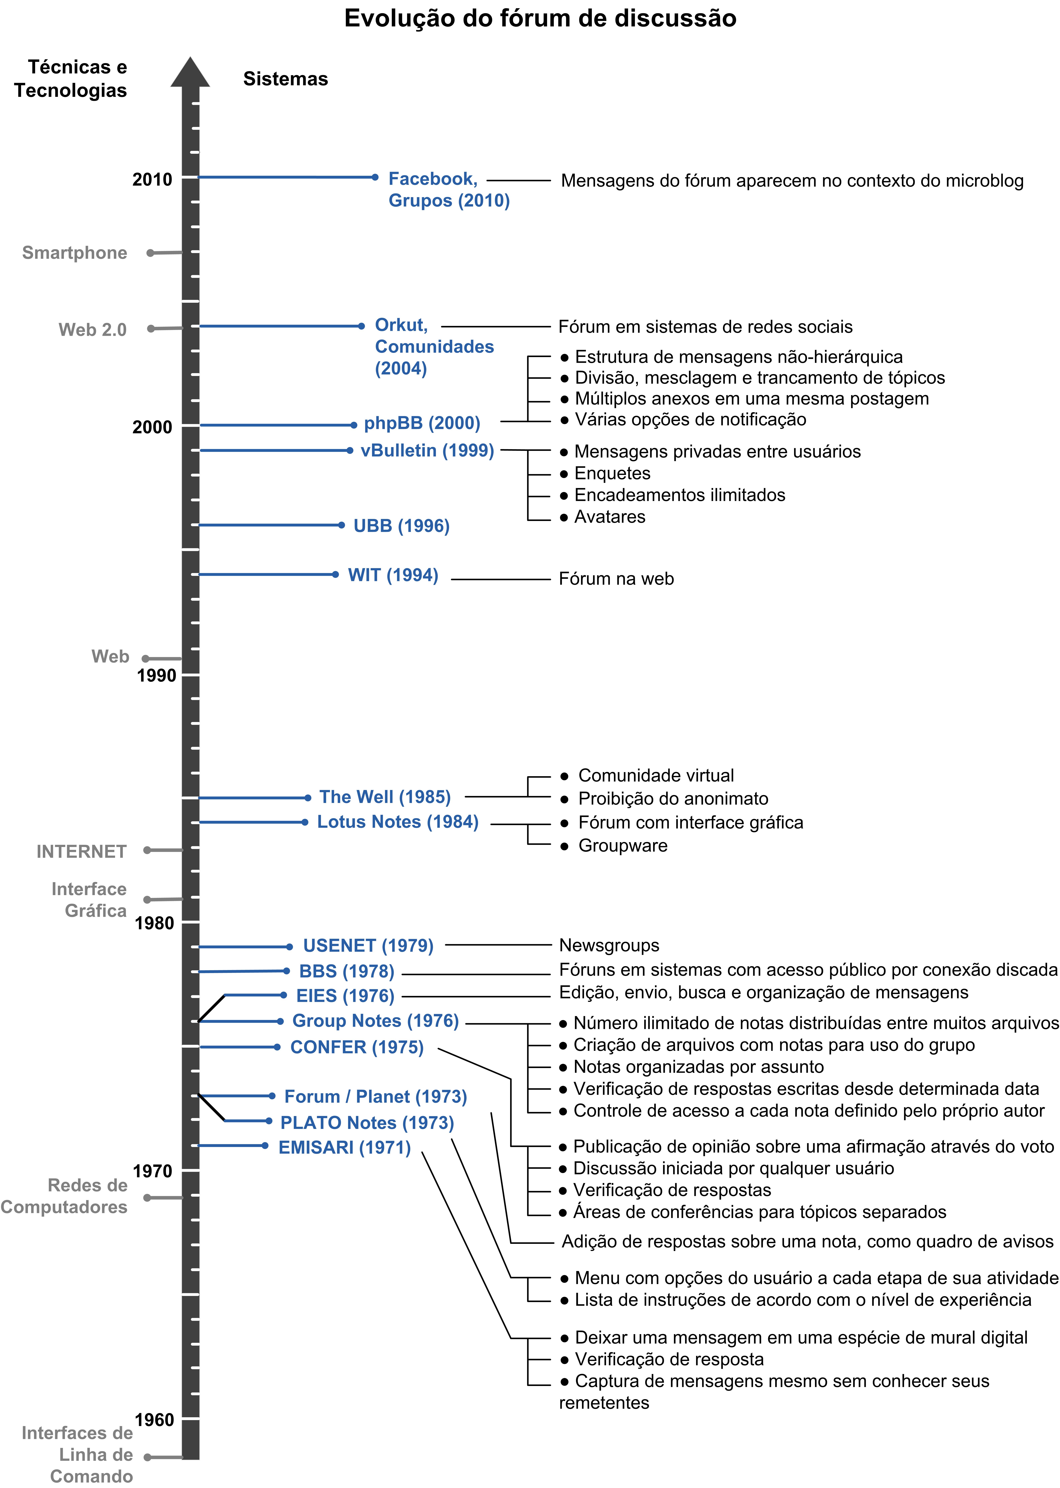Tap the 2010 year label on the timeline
click(152, 179)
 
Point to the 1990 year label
click(156, 676)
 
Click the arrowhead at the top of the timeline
click(190, 72)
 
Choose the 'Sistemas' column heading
click(285, 79)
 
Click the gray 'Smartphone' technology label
click(74, 253)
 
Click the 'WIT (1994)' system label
click(393, 575)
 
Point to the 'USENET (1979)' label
click(368, 946)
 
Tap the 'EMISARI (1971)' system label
click(345, 1147)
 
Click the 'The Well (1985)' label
click(385, 797)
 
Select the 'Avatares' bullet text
click(610, 517)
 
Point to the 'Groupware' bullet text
click(623, 846)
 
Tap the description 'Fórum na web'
click(616, 579)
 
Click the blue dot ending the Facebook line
click(375, 177)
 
